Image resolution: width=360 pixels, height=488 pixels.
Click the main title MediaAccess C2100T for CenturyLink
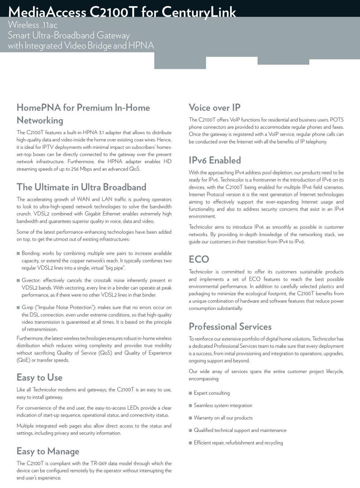[122, 12]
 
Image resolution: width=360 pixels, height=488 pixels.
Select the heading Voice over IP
[215, 108]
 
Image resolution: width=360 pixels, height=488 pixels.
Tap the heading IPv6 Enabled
[215, 160]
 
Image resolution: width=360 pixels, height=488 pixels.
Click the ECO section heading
[199, 259]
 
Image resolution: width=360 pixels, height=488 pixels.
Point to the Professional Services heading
[230, 327]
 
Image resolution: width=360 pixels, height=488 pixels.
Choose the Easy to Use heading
[39, 378]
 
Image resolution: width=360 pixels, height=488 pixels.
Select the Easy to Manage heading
[48, 451]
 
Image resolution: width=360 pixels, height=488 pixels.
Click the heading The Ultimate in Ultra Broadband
[81, 187]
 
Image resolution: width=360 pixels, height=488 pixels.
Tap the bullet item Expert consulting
[212, 393]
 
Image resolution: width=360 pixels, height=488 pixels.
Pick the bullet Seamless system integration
[223, 406]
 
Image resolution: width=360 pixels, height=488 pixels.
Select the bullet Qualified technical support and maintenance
[240, 430]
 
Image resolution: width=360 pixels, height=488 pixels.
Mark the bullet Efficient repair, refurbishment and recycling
[238, 443]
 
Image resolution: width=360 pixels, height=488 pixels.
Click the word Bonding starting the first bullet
[30, 253]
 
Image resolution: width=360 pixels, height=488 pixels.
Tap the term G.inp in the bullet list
[27, 307]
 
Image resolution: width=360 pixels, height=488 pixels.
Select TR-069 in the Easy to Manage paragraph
[98, 464]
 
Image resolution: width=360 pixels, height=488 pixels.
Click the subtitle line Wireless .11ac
[33, 25]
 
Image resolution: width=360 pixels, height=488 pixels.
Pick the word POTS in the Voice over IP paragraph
[337, 120]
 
